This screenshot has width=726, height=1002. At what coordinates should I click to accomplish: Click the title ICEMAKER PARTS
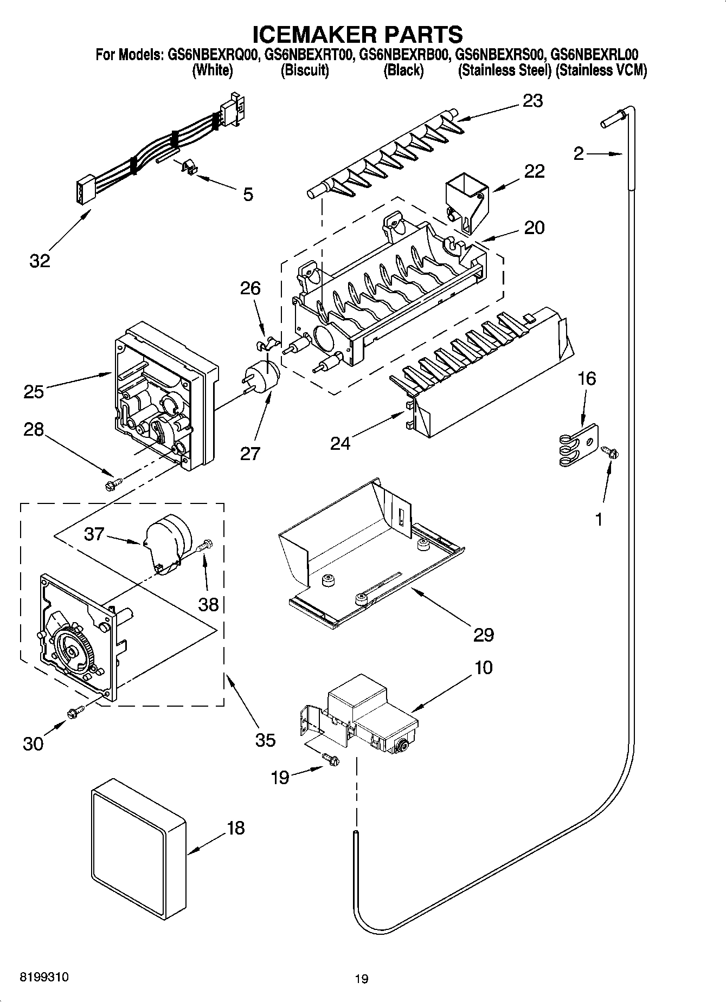[358, 34]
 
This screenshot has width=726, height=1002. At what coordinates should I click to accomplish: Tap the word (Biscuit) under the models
[305, 70]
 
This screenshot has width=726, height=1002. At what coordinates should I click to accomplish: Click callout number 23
[532, 101]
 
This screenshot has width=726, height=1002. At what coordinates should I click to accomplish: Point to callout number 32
[40, 260]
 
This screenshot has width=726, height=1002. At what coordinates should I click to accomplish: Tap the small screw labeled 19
[330, 760]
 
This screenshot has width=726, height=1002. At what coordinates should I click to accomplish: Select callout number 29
[483, 634]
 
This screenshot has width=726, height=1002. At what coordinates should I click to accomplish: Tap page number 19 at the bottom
[362, 979]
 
